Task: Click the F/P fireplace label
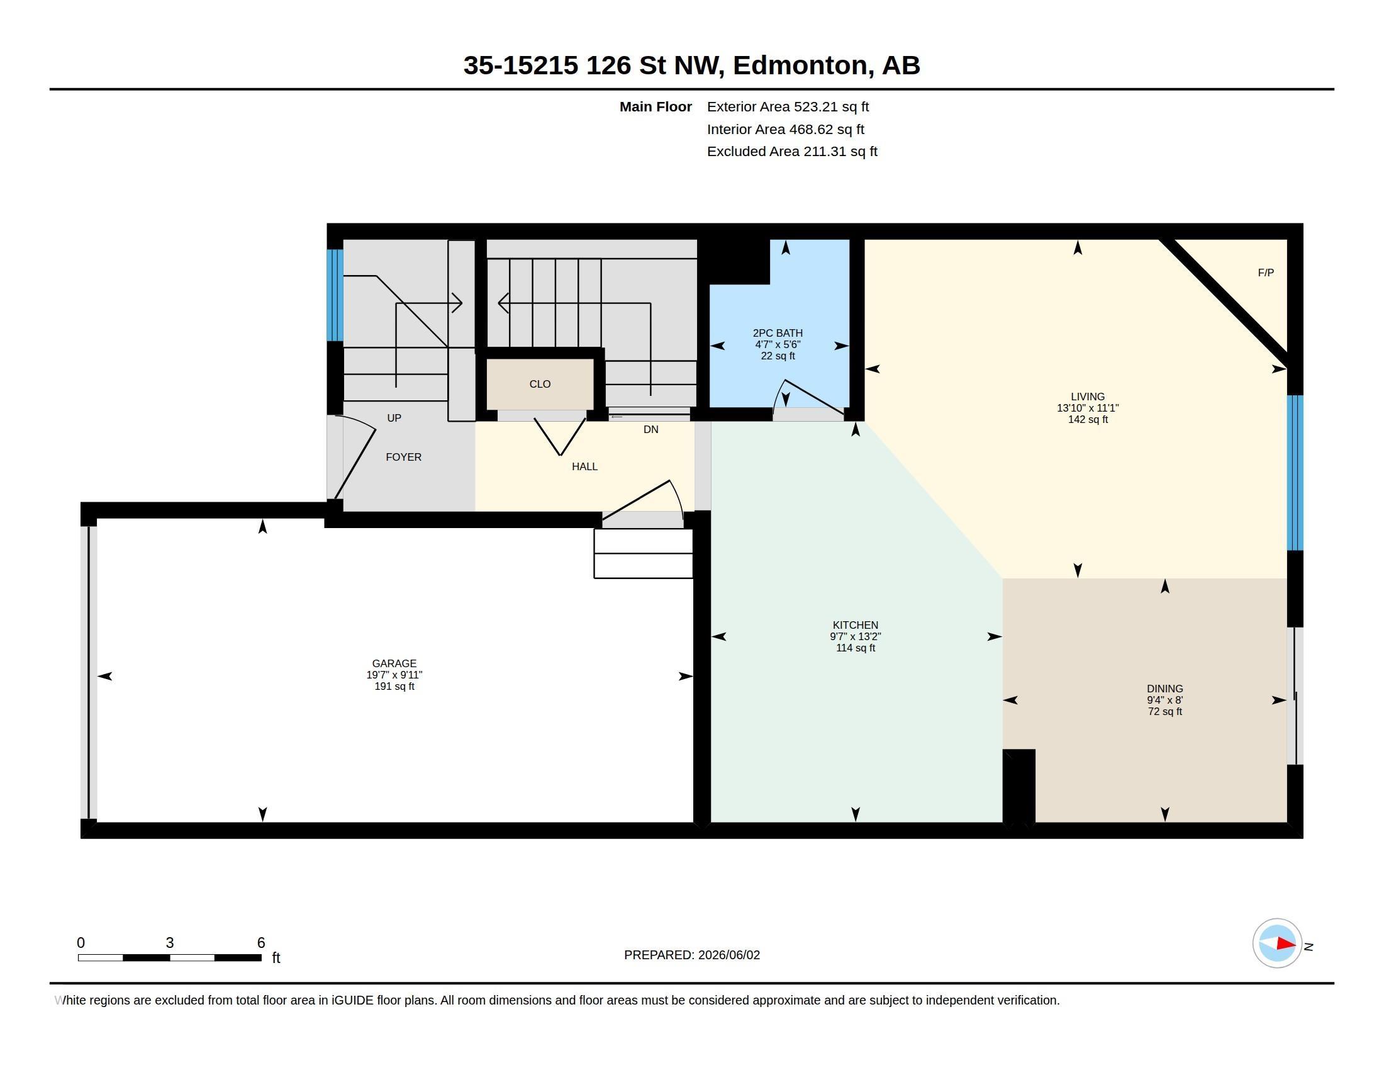pyautogui.click(x=1266, y=273)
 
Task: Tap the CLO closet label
pyautogui.click(x=540, y=384)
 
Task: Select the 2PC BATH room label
pyautogui.click(x=778, y=333)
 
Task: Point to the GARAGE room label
pyautogui.click(x=394, y=663)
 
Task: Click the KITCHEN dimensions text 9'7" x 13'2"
pyautogui.click(x=856, y=636)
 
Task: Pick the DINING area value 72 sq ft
pyautogui.click(x=1164, y=712)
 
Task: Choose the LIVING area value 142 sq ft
pyautogui.click(x=1088, y=420)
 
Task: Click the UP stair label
pyautogui.click(x=394, y=419)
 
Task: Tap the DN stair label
pyautogui.click(x=651, y=430)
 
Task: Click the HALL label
pyautogui.click(x=584, y=466)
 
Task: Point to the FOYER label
pyautogui.click(x=404, y=457)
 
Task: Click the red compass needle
pyautogui.click(x=1286, y=943)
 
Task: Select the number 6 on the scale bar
pyautogui.click(x=261, y=943)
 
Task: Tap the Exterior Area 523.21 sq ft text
pyautogui.click(x=788, y=107)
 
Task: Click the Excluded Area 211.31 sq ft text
pyautogui.click(x=792, y=152)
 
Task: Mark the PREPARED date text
pyautogui.click(x=692, y=955)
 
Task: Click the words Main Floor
pyautogui.click(x=656, y=107)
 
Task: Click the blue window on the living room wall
pyautogui.click(x=1295, y=473)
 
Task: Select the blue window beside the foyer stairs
pyautogui.click(x=335, y=295)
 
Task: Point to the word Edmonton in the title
pyautogui.click(x=799, y=65)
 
